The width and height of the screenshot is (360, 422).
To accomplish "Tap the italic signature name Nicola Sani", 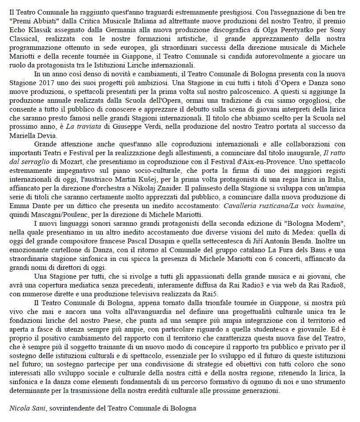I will [x=28, y=408].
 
